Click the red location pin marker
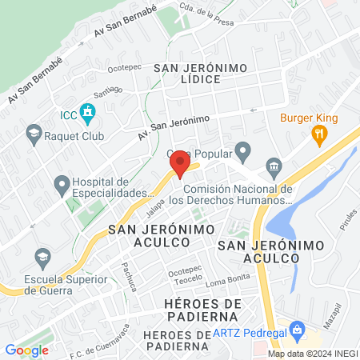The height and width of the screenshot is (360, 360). (x=180, y=165)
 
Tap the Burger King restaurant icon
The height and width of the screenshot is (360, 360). (x=318, y=135)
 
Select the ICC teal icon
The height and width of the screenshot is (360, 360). (x=89, y=115)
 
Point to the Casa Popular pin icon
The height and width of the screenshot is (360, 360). (x=245, y=150)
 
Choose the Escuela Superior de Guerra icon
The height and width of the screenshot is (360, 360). (x=42, y=257)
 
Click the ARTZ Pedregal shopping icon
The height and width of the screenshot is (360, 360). (x=297, y=329)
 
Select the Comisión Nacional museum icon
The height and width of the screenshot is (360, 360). (x=274, y=167)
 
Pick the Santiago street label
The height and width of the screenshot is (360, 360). (x=108, y=90)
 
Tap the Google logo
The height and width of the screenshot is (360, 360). (x=27, y=350)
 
